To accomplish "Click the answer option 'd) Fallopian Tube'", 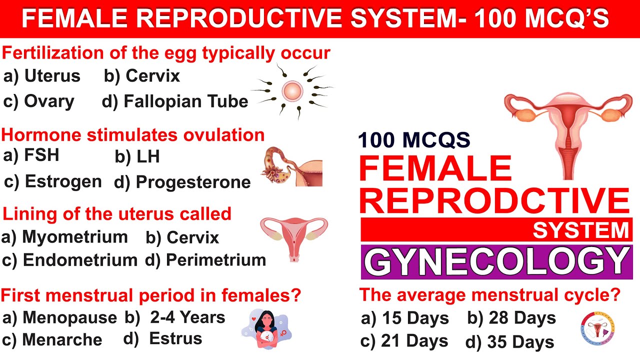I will (x=175, y=101).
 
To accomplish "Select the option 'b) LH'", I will (x=137, y=157).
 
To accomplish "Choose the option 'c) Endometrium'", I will (x=69, y=260).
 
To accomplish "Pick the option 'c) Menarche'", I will (x=52, y=340).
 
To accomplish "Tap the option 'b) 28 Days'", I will (x=511, y=318).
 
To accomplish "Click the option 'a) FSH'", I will (x=31, y=155).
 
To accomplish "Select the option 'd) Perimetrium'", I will (x=205, y=260).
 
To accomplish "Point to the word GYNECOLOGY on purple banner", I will (x=496, y=261).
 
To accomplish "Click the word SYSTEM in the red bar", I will (x=580, y=230).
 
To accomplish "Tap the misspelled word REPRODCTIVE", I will (x=494, y=200).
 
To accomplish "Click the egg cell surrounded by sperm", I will (x=292, y=91).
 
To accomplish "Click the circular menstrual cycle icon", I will (x=597, y=329).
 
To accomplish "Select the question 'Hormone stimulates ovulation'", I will (x=133, y=134).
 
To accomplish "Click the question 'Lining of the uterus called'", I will (x=117, y=214).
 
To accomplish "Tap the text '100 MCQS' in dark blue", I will (x=414, y=140).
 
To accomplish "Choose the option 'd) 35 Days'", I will (x=509, y=342).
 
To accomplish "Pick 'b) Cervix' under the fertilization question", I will (x=142, y=76).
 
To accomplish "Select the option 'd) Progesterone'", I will (x=182, y=182).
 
